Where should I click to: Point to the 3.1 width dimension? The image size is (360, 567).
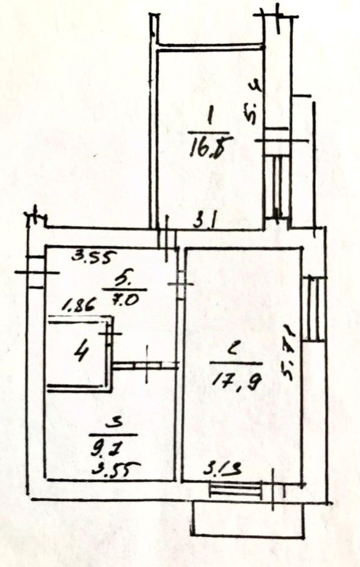click(206, 221)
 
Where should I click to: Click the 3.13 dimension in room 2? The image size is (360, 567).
click(220, 471)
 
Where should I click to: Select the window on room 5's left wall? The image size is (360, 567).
click(35, 271)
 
